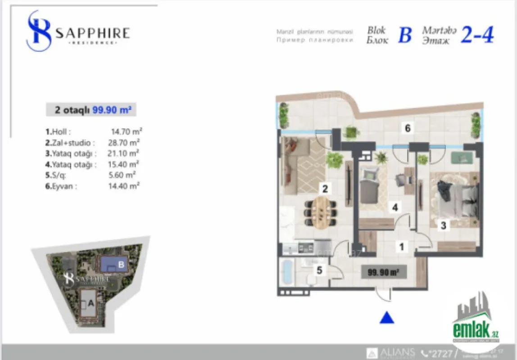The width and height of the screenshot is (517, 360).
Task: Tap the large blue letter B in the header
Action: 405,35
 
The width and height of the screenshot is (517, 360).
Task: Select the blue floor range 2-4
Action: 476,35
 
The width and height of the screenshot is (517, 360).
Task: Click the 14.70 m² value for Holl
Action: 127,132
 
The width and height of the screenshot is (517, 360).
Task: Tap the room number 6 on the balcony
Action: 407,129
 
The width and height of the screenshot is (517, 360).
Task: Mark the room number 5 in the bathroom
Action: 319,270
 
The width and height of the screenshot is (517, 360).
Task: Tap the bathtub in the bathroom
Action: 287,272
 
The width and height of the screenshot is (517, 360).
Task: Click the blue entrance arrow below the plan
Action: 387,318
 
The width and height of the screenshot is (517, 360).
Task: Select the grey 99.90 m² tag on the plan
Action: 381,272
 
